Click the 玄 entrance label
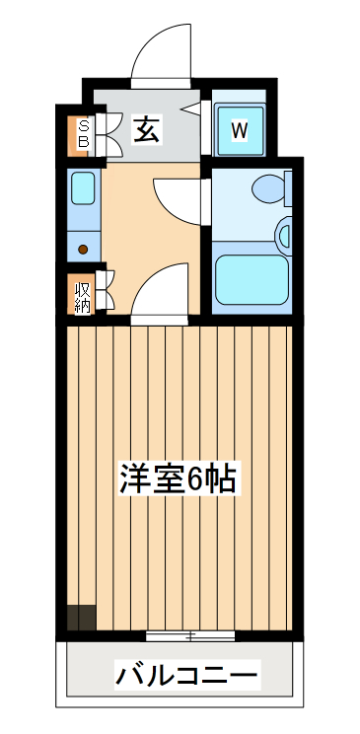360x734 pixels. [146, 128]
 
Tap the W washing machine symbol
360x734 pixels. [239, 129]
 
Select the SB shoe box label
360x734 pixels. [83, 132]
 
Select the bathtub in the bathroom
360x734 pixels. [252, 281]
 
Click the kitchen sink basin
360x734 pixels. [83, 186]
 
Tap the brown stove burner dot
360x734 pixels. [84, 249]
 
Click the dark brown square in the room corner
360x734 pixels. [81, 618]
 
